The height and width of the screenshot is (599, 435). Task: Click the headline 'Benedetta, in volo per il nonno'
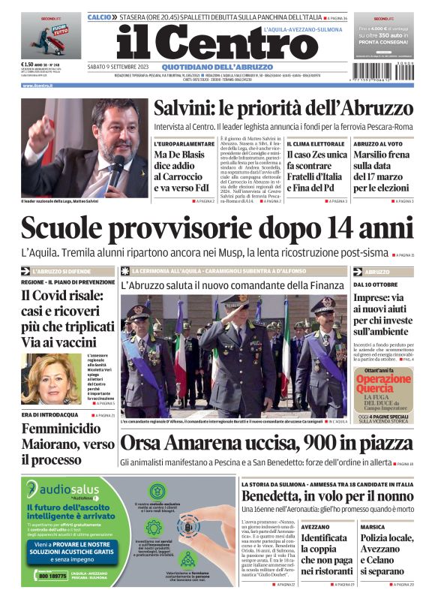[327, 497]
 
